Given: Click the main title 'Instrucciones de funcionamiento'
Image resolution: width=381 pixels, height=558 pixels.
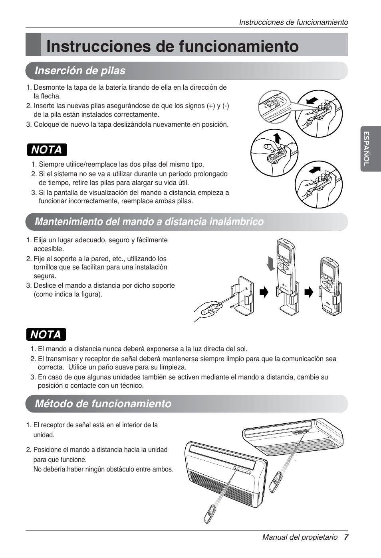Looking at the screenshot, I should point(172,46).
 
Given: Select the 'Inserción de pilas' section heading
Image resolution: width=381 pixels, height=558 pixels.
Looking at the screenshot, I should point(80,71).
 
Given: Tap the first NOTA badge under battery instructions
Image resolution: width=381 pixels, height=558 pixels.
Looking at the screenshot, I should point(47,150).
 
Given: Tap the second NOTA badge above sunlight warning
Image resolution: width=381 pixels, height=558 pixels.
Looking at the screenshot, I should point(46,334).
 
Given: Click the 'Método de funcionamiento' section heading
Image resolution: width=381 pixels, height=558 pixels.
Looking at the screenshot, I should point(103,404).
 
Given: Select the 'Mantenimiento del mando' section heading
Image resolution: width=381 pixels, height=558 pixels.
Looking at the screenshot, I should point(149,222).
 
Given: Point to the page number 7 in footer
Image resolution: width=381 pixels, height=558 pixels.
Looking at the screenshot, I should point(346,537).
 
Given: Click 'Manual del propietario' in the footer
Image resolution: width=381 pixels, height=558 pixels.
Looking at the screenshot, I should point(300,537).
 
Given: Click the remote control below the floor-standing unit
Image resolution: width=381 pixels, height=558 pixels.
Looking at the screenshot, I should point(210,514).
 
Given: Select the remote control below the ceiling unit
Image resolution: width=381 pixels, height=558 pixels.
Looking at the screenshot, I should point(276,482).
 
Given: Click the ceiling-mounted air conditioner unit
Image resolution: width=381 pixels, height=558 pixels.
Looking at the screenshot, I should point(294,436).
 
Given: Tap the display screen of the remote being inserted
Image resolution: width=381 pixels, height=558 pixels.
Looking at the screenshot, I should point(284,251).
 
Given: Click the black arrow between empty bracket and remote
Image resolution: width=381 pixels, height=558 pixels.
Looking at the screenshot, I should point(264,293).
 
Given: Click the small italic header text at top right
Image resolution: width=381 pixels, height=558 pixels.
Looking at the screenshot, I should point(294,22).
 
